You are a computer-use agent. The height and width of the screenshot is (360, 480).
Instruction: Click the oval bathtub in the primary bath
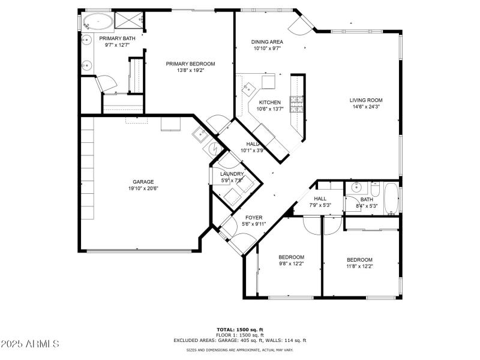click(x=97, y=23)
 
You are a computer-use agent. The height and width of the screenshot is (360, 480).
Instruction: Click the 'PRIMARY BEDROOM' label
click(x=191, y=64)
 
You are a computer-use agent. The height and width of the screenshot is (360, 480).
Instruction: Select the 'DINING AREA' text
click(x=267, y=42)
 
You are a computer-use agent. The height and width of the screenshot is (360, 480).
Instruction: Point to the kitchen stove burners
click(x=296, y=105)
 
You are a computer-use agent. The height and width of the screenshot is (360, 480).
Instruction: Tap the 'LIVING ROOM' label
click(x=366, y=100)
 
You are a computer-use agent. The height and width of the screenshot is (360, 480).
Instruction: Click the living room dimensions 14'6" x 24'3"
click(x=366, y=107)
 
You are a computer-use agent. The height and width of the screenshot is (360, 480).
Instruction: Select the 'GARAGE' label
click(x=143, y=182)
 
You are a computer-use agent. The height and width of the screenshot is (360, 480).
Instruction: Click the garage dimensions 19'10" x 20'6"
click(x=143, y=188)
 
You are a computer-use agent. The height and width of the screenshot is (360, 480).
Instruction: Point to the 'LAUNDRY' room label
click(x=232, y=174)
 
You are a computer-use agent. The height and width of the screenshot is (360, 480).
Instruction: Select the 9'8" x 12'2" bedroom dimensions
click(x=291, y=264)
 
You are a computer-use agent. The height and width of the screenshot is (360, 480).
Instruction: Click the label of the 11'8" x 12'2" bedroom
click(x=359, y=260)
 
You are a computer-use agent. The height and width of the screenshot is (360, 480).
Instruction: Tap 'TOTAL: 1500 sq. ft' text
click(x=240, y=329)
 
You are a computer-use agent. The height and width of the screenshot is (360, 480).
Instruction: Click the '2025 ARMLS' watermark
click(x=30, y=344)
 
